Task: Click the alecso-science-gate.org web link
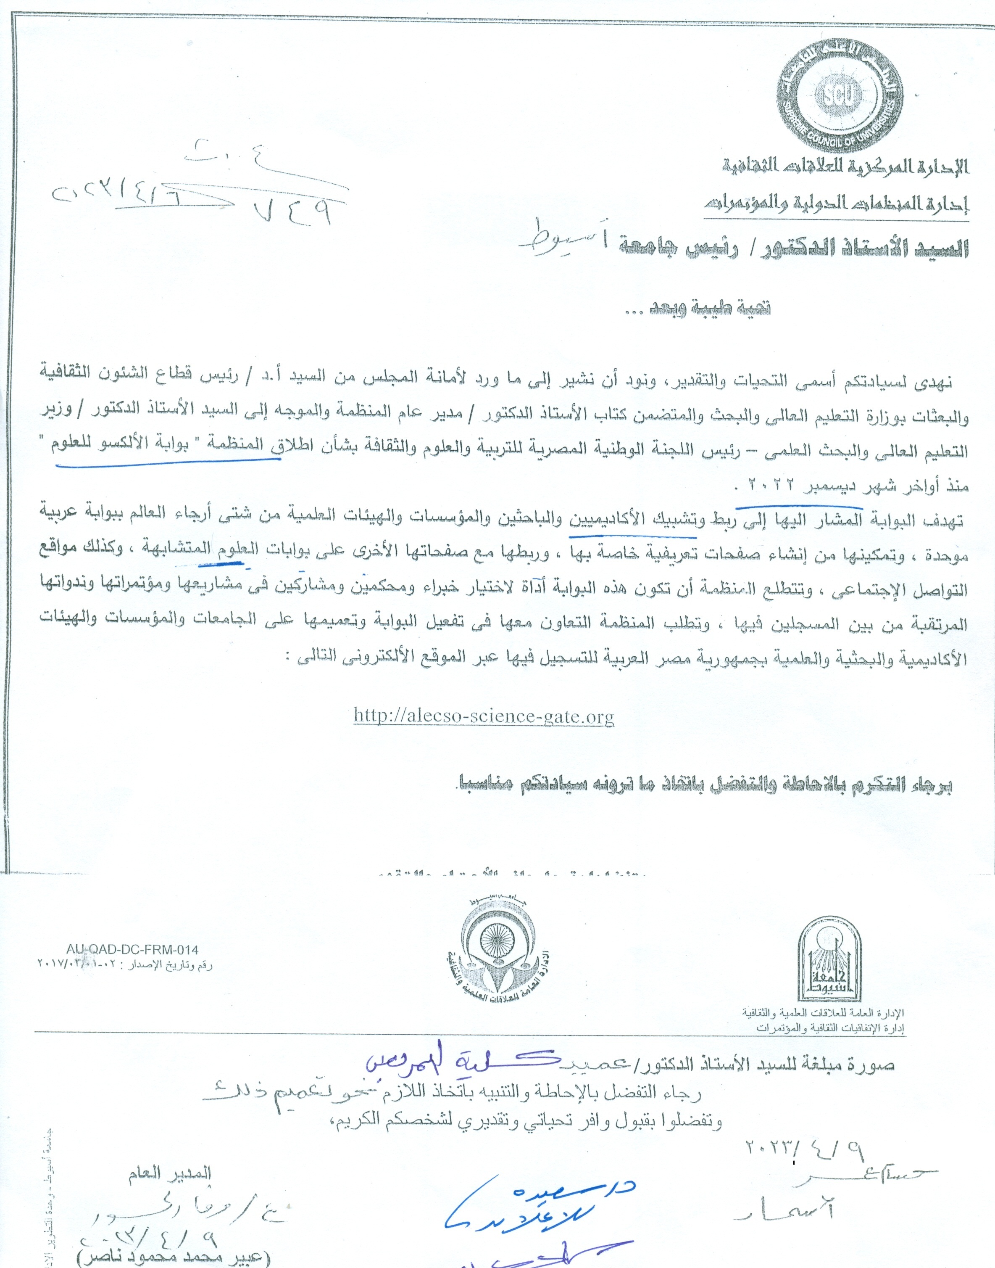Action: (484, 716)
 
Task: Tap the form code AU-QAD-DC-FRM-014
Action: (132, 950)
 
